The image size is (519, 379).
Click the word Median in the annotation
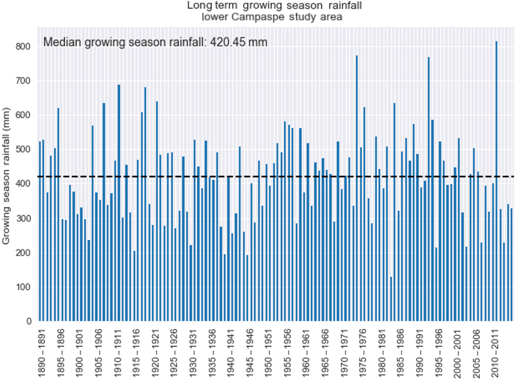[x=60, y=42]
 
